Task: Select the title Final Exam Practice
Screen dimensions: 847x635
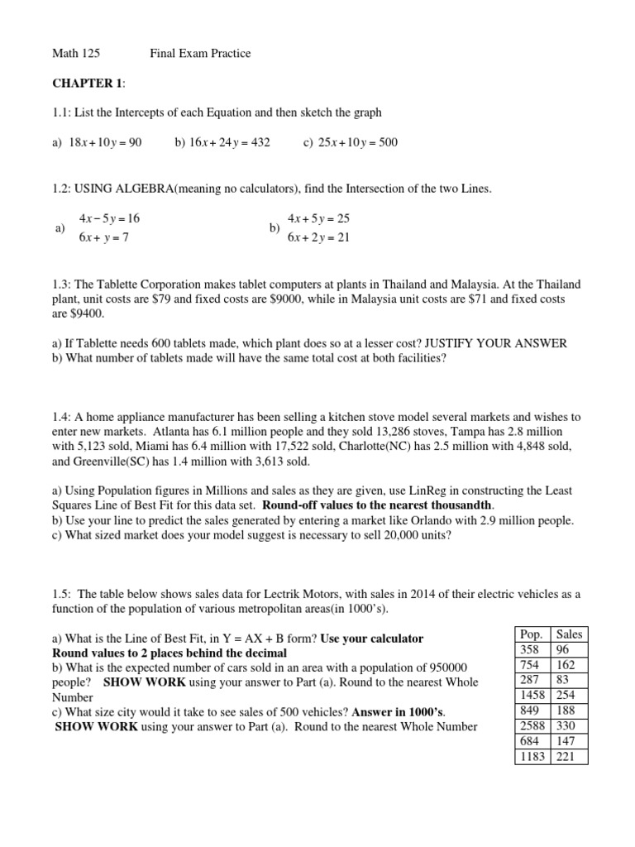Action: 200,54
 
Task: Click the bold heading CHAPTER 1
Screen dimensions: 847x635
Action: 87,84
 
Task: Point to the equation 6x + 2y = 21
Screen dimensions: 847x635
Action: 319,237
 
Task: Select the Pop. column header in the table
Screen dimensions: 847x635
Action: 530,634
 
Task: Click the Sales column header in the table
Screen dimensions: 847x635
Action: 569,634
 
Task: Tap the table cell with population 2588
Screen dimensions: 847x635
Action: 530,725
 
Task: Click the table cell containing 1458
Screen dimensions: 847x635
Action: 530,695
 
